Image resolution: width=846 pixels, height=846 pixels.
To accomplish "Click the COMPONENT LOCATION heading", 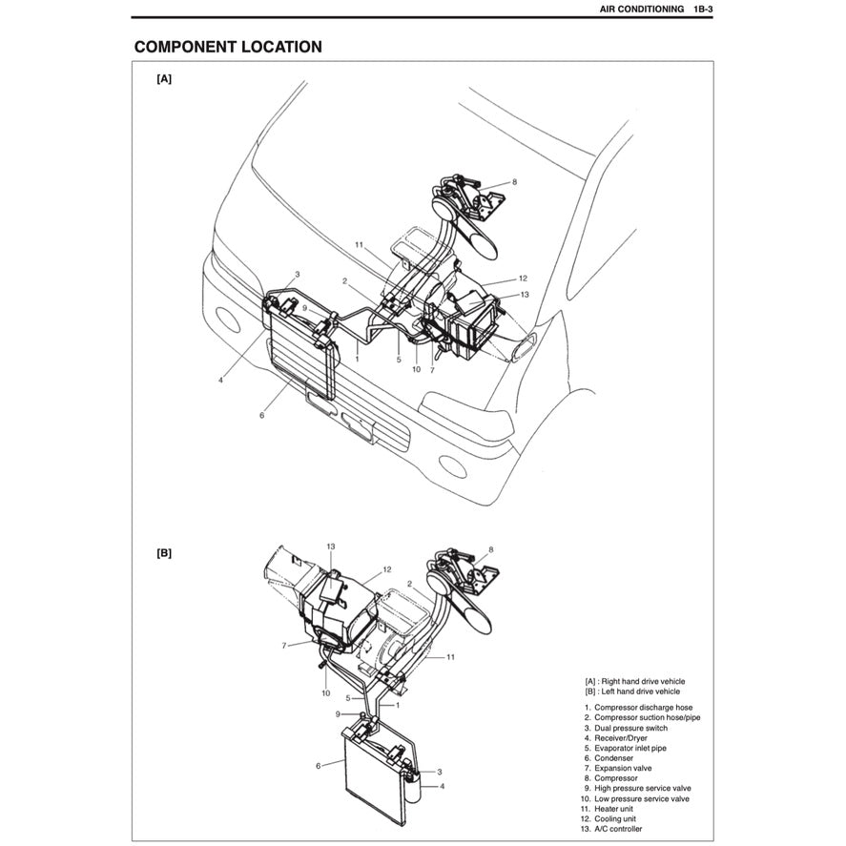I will (x=227, y=47).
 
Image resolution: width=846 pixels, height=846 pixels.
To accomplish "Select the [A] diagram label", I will (x=164, y=81).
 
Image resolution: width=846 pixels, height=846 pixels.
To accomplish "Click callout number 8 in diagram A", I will (x=514, y=181).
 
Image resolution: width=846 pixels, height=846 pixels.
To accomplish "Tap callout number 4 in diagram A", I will (x=220, y=379).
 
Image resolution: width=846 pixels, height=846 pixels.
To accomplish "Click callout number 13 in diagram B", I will (x=330, y=547).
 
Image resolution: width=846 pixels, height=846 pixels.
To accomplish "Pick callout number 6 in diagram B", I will (x=317, y=765).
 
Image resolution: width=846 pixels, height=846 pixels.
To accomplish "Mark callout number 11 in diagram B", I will (x=450, y=658).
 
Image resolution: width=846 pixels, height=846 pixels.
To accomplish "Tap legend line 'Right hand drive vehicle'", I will (x=634, y=681).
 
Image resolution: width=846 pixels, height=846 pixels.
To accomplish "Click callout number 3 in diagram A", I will (x=297, y=275).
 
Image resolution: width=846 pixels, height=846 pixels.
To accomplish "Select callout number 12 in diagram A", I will (x=523, y=279).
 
